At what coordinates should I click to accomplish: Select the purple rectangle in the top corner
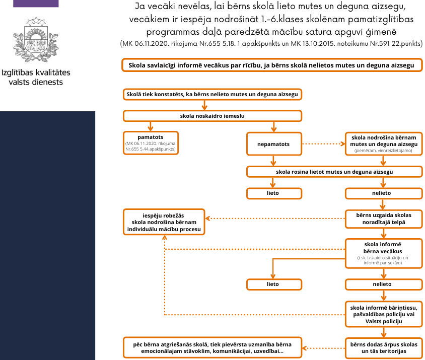pos(36,3)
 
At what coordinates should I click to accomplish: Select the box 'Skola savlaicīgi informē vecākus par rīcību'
pos(271,65)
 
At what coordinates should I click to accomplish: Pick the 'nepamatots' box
pos(273,144)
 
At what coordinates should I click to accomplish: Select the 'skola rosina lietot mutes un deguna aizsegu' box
pos(334,172)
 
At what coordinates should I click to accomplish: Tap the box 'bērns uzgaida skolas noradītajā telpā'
pos(383,219)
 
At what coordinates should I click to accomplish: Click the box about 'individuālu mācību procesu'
pos(164,222)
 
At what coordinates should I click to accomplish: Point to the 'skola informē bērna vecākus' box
pos(383,252)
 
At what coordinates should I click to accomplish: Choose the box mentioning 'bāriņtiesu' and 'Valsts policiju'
pos(383,314)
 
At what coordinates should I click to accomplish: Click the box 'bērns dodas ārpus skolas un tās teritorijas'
pos(383,347)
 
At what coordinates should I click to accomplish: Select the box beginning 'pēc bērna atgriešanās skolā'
pos(215,347)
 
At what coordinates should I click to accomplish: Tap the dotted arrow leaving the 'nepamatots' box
pos(323,143)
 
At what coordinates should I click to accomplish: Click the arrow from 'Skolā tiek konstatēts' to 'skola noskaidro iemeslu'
pos(204,105)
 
